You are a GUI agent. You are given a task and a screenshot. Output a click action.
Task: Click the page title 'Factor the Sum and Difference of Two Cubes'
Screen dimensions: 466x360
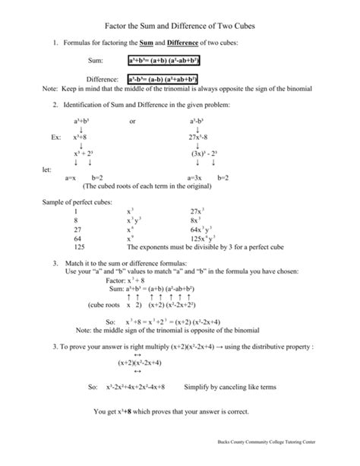coord(180,26)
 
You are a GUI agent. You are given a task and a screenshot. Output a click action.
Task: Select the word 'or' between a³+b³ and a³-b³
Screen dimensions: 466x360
coord(133,121)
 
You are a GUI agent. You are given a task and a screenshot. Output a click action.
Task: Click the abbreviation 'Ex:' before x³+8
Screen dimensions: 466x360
coord(55,138)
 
